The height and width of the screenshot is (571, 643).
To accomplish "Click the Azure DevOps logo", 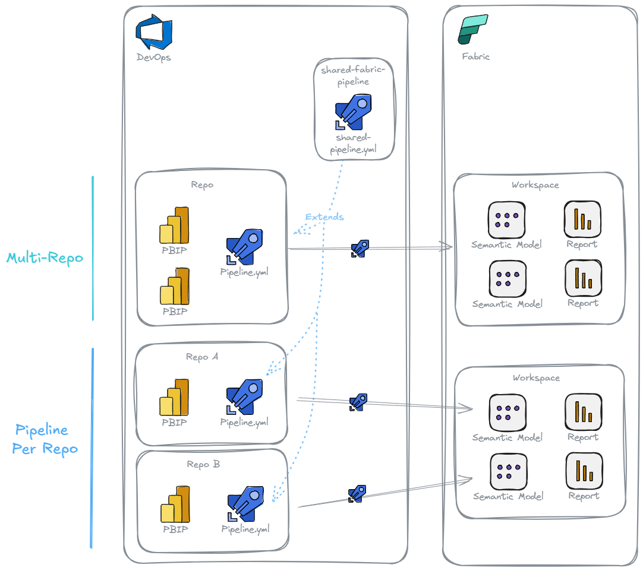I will click(x=153, y=34).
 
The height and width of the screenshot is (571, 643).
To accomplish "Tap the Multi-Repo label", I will click(x=45, y=258).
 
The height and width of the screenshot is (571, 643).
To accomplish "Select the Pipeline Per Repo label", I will click(x=45, y=439).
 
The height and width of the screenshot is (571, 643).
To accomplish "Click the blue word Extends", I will click(x=324, y=217).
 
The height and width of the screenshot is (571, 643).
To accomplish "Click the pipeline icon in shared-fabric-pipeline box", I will click(x=354, y=112).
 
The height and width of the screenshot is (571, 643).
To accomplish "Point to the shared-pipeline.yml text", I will click(x=354, y=144).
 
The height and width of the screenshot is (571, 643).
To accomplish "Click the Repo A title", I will click(x=202, y=357).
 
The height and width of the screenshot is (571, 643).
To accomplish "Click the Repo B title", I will click(x=203, y=464).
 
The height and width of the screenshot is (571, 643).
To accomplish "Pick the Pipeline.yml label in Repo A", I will click(x=244, y=422).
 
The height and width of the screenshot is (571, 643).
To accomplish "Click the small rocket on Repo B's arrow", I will click(x=357, y=493).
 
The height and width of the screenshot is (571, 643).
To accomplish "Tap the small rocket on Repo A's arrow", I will click(x=358, y=402).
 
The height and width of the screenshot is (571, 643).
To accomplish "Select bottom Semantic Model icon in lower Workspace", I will click(x=508, y=471).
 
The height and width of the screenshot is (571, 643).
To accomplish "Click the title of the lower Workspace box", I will click(x=535, y=378).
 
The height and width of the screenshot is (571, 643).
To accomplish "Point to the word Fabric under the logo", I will click(x=476, y=57).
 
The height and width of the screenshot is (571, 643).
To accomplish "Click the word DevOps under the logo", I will click(x=153, y=58).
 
